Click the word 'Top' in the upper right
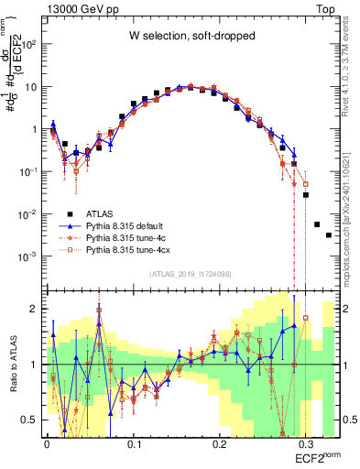[x=326, y=7]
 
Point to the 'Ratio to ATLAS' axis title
[x=12, y=365]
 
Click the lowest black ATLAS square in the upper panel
[x=329, y=235]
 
